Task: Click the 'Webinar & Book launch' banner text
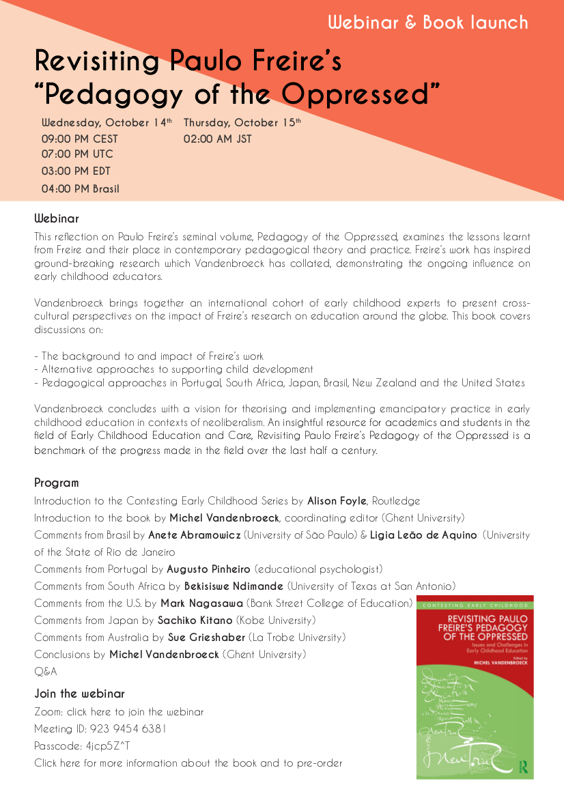coord(427,23)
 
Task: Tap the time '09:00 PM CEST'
coord(80,139)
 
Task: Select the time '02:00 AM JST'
coord(217,139)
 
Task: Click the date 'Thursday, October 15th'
coord(242,123)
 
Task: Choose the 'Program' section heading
coord(57,483)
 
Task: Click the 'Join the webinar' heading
coord(79,694)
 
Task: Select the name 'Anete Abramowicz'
coord(195,535)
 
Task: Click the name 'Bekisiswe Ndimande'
coord(234,586)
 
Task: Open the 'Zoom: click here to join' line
coord(119,712)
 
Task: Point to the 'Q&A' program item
coord(46,672)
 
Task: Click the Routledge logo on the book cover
coord(523,765)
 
